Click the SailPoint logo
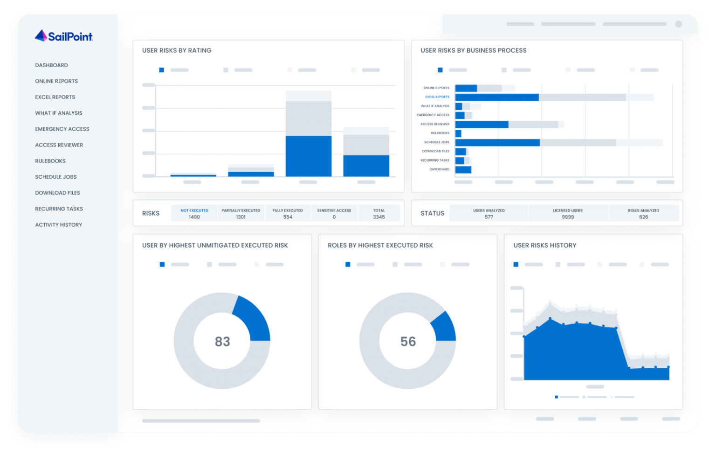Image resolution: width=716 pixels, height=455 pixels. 64,36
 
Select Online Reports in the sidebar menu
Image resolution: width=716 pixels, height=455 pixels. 56,81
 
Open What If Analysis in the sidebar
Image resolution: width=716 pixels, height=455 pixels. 59,113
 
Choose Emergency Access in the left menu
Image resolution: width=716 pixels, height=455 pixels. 62,129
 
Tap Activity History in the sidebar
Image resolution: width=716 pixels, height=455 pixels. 59,225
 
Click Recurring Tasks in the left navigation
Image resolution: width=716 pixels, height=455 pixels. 59,209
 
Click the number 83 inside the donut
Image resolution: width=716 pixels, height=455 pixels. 222,342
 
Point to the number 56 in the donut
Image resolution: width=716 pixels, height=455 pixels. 408,342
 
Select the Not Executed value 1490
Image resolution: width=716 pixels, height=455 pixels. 194,217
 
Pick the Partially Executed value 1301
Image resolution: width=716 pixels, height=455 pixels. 241,217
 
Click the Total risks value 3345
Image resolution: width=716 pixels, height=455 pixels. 379,217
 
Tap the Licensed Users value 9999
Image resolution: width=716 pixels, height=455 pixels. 568,217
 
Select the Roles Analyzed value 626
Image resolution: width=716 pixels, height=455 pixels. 643,217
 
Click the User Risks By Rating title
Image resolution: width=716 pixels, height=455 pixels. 177,50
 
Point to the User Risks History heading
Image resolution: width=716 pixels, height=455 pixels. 545,245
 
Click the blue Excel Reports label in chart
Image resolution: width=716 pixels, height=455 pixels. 437,97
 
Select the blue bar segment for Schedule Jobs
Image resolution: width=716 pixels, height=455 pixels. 497,142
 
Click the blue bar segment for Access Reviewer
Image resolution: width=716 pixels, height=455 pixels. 482,125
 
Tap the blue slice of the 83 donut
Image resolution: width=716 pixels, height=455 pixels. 253,319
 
